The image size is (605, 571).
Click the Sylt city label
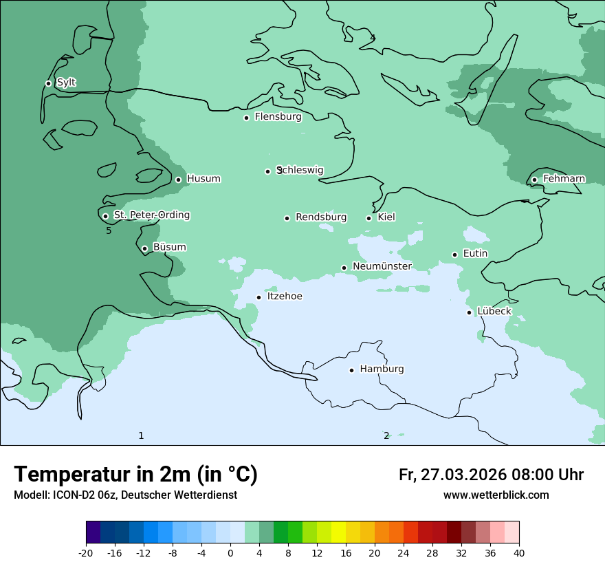click(x=66, y=83)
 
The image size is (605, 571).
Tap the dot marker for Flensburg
click(x=246, y=118)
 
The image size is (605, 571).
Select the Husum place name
click(x=203, y=179)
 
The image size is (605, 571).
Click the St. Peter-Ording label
click(x=151, y=215)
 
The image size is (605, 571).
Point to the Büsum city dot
click(x=144, y=248)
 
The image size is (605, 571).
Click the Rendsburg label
click(x=321, y=217)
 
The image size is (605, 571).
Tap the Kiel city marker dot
click(x=369, y=218)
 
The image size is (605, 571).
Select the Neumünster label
click(x=382, y=266)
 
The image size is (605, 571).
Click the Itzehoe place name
click(x=285, y=297)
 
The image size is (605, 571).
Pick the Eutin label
click(x=475, y=254)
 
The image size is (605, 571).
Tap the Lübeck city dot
click(x=470, y=312)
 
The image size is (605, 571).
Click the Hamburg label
click(x=382, y=369)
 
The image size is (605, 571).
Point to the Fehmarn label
click(x=564, y=179)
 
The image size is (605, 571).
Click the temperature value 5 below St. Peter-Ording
click(x=109, y=231)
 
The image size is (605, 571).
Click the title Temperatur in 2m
click(x=135, y=474)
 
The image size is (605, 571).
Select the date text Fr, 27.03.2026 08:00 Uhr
click(x=491, y=475)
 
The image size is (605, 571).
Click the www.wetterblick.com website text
click(x=496, y=495)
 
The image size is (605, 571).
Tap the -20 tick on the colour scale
click(x=86, y=553)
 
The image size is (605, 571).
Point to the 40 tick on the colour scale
click(x=519, y=553)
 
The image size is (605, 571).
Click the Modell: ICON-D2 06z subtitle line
click(x=125, y=495)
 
